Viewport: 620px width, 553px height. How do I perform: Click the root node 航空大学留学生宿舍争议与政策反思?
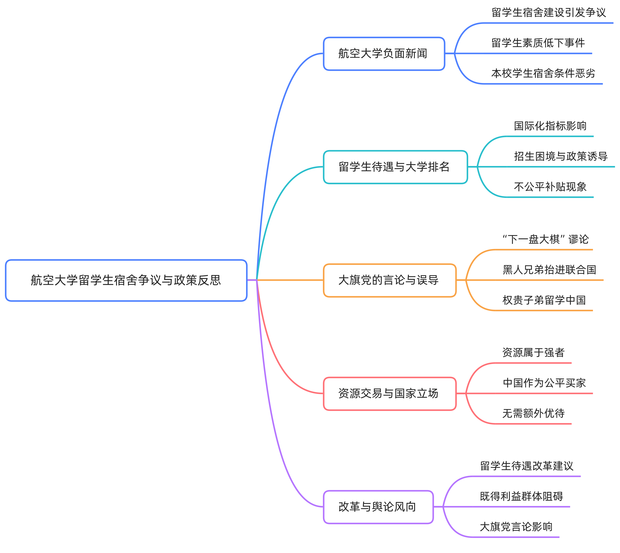(x=126, y=280)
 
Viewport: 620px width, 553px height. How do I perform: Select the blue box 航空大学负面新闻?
(x=384, y=54)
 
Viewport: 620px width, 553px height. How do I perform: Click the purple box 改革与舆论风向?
(x=378, y=507)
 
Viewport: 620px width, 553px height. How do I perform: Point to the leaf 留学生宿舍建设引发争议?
(x=549, y=13)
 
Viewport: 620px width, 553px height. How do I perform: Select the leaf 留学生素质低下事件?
(x=538, y=43)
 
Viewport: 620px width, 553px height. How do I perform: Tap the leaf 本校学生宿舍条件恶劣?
(x=543, y=74)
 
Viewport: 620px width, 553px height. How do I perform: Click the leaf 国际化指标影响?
(x=550, y=126)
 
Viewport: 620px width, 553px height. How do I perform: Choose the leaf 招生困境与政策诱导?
(x=561, y=157)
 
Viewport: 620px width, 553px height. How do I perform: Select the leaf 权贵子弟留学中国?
(x=544, y=300)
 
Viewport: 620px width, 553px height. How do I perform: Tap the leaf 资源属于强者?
(x=533, y=353)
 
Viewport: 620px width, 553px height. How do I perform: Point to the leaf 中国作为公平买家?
(x=544, y=383)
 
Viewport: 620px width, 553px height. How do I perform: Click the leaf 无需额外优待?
(x=533, y=414)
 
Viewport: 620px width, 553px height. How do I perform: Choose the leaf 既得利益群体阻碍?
(x=521, y=497)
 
